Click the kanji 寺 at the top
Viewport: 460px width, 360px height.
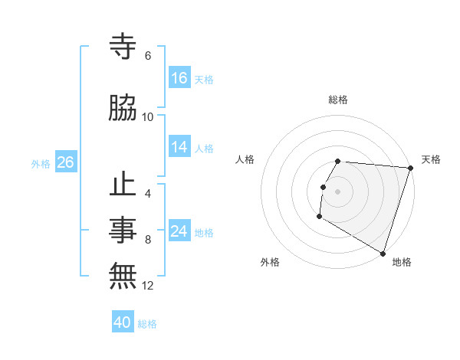pyautogui.click(x=123, y=46)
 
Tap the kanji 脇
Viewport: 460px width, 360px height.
pyautogui.click(x=123, y=109)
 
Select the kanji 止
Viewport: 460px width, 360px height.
pyautogui.click(x=123, y=185)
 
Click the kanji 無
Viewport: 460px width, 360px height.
pyautogui.click(x=123, y=276)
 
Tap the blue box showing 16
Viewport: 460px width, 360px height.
pyautogui.click(x=179, y=78)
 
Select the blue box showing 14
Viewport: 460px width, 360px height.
pyautogui.click(x=179, y=147)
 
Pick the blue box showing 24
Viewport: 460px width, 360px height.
pyautogui.click(x=179, y=231)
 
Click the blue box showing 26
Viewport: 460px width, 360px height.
pyautogui.click(x=65, y=162)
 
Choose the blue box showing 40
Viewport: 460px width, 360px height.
pyautogui.click(x=123, y=322)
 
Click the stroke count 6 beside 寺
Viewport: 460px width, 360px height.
pyautogui.click(x=147, y=56)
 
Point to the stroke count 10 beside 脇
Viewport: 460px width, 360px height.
pyautogui.click(x=148, y=116)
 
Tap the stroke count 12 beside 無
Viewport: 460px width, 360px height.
pyautogui.click(x=148, y=286)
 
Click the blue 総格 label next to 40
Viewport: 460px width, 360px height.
pyautogui.click(x=147, y=324)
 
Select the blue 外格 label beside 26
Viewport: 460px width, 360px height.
pyautogui.click(x=41, y=163)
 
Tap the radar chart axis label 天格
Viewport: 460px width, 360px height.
pyautogui.click(x=431, y=159)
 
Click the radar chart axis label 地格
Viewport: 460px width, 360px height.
pyautogui.click(x=402, y=262)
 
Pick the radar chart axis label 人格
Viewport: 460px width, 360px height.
pyautogui.click(x=245, y=159)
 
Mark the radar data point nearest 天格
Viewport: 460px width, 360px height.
pyautogui.click(x=410, y=168)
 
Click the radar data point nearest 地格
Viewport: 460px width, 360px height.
pyautogui.click(x=383, y=252)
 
